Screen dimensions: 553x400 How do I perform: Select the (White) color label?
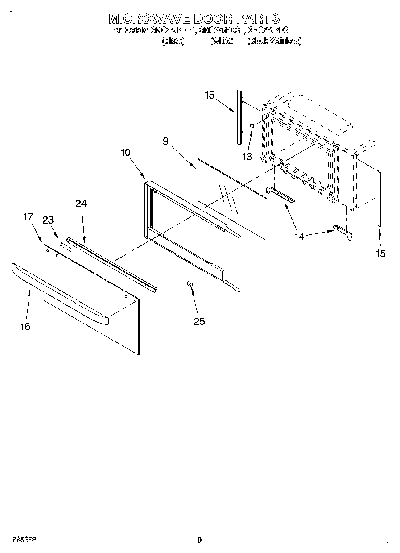pos(222,41)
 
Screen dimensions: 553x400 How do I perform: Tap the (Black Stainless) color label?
pos(274,41)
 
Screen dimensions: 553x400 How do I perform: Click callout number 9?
pos(165,141)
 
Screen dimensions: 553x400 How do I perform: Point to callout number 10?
pos(125,152)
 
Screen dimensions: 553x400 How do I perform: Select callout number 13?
pos(247,157)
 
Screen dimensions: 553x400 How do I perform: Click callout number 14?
pos(299,237)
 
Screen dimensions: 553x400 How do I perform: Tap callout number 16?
pos(25,327)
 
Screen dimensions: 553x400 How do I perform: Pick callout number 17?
pos(28,217)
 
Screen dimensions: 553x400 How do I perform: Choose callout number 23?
pos(48,220)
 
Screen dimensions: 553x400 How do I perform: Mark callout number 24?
pos(81,204)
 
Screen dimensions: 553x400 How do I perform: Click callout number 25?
pos(199,321)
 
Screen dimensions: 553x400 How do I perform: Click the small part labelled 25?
pos(190,283)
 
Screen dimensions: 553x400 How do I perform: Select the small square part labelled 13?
pos(252,125)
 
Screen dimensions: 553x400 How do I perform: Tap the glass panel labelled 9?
pos(232,196)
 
